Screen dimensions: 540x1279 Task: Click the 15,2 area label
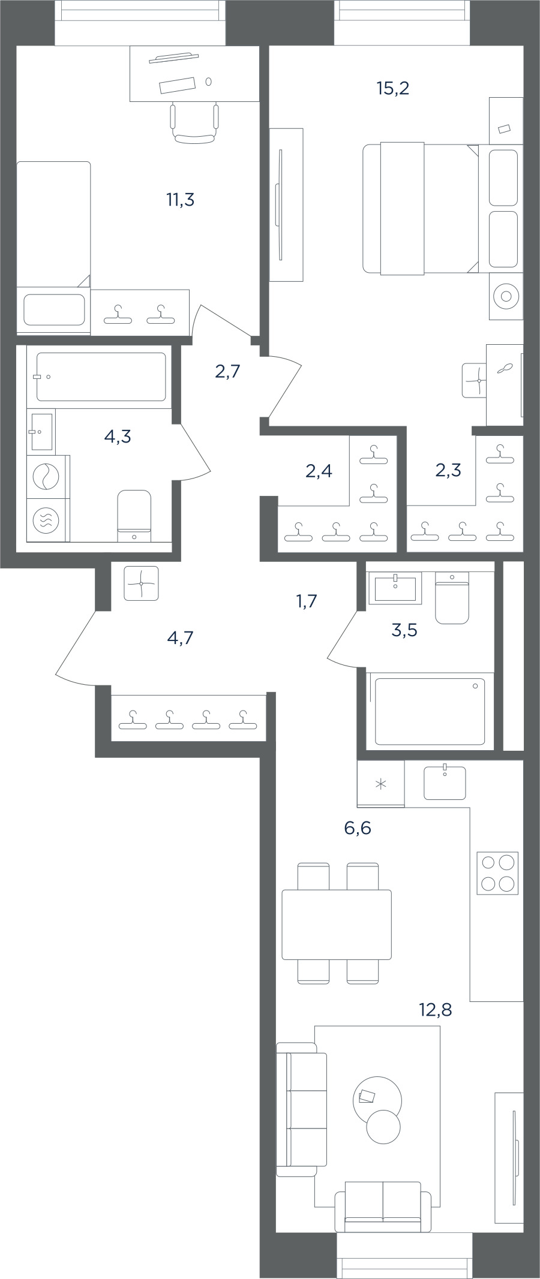(x=393, y=89)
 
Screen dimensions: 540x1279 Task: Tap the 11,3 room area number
(x=180, y=200)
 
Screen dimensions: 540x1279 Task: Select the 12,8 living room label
(x=435, y=1010)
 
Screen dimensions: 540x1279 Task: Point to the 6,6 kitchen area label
(x=358, y=828)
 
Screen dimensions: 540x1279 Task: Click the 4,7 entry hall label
(x=180, y=637)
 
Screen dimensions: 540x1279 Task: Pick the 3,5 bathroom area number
(x=404, y=630)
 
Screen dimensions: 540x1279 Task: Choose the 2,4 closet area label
(x=319, y=471)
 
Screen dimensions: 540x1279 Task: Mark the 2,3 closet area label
(x=448, y=470)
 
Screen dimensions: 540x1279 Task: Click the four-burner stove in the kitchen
(x=497, y=873)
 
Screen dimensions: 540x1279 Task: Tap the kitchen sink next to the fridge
(x=445, y=783)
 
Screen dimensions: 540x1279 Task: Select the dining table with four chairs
(x=337, y=923)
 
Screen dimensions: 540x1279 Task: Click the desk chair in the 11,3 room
(x=194, y=123)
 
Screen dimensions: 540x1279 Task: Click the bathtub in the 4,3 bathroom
(x=101, y=377)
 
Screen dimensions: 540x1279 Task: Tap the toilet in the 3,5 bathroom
(x=452, y=598)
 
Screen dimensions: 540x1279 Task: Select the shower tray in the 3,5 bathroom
(x=430, y=711)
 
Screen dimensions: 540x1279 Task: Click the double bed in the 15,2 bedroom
(x=421, y=209)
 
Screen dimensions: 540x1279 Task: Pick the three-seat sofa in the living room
(x=302, y=1109)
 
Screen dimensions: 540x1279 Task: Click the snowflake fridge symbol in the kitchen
(x=380, y=784)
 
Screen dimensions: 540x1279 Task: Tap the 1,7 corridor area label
(x=306, y=601)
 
